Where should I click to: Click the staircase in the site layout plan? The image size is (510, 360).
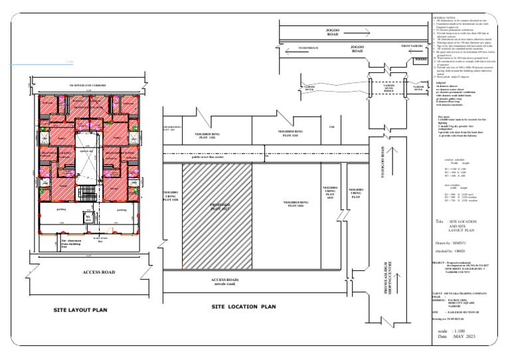pos(87,193)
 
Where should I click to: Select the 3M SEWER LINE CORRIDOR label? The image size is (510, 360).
pos(90,86)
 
